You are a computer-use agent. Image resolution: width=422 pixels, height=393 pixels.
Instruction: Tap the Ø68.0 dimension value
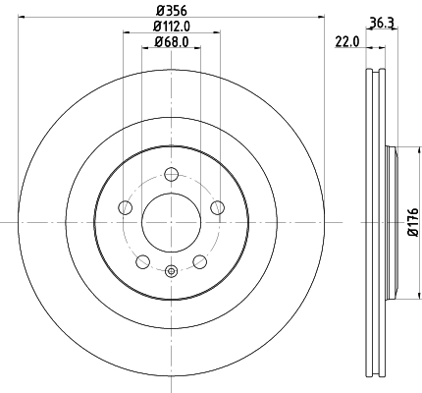click(x=171, y=42)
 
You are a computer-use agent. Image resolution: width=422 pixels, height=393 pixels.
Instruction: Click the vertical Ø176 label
click(x=412, y=220)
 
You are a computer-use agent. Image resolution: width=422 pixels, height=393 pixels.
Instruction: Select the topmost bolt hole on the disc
click(x=172, y=175)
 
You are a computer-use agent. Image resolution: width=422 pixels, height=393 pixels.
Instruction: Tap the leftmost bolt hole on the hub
click(x=126, y=208)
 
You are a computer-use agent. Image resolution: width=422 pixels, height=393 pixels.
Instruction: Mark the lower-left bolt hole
click(x=143, y=261)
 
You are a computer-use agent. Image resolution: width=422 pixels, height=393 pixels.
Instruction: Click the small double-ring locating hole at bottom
click(x=172, y=272)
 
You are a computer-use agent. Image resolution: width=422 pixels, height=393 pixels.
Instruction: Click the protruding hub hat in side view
click(x=396, y=222)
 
